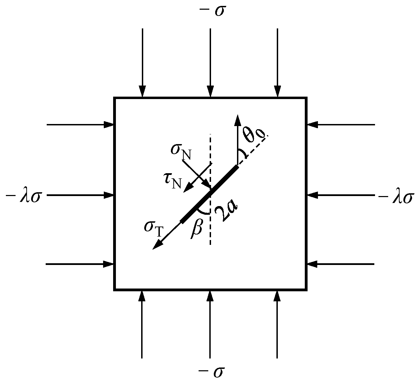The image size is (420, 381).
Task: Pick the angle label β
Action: coord(196,229)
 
